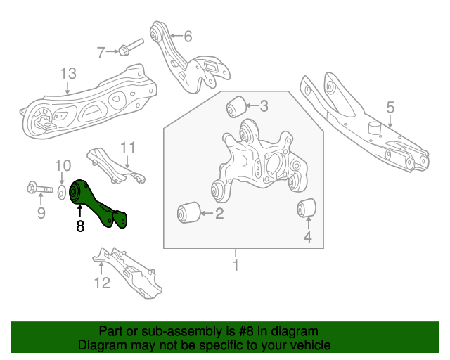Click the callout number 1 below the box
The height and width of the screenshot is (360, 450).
[236, 266]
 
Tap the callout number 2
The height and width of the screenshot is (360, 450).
[219, 213]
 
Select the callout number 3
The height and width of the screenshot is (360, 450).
[264, 106]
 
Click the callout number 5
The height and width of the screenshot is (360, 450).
[390, 108]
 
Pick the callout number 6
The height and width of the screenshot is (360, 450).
[188, 37]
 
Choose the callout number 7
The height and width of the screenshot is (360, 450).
[101, 51]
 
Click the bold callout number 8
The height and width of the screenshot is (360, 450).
[79, 226]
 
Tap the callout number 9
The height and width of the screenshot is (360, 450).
[41, 213]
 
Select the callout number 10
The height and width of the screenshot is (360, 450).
[63, 165]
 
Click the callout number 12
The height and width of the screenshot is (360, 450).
[102, 283]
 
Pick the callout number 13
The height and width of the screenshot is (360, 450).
[67, 73]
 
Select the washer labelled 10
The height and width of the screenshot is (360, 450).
[63, 190]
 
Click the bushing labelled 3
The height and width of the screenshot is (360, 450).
[236, 107]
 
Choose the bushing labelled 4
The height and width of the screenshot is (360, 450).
[306, 208]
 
